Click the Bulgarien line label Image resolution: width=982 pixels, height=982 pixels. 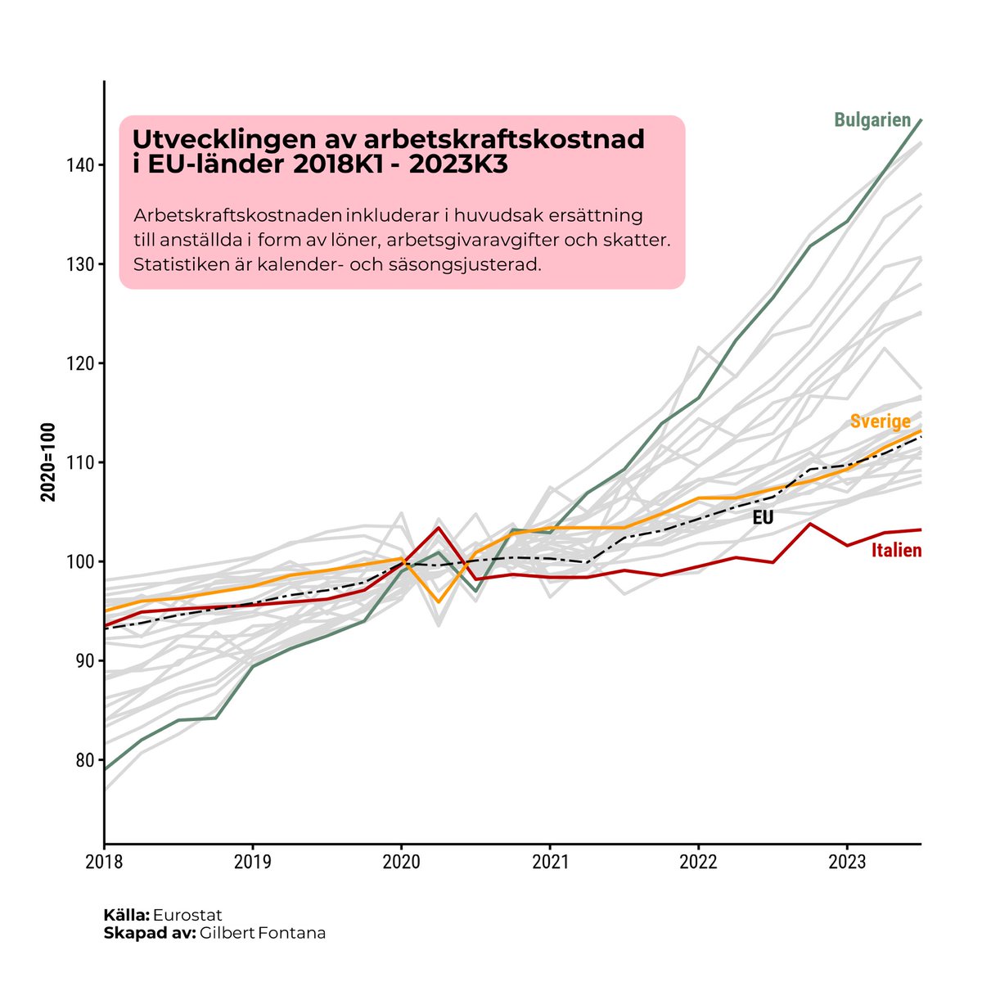point(872,120)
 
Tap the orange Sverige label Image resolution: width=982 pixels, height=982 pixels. point(880,421)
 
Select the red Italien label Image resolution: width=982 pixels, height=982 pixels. point(896,551)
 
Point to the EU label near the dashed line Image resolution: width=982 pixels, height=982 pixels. point(763,518)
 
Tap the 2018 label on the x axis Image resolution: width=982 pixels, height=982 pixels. point(104,863)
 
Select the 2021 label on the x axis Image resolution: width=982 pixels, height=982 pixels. point(549,863)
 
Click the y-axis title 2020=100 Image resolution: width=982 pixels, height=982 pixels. point(48,462)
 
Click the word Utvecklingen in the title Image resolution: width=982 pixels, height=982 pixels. point(213,139)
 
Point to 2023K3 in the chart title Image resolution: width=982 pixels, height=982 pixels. point(458,164)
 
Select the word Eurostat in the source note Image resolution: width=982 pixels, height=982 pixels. point(187,915)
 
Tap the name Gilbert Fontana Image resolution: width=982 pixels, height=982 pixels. point(262,933)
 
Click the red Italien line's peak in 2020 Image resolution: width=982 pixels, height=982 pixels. point(439,527)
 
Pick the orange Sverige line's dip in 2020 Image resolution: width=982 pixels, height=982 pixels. point(439,602)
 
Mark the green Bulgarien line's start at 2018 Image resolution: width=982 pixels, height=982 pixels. point(106,769)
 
